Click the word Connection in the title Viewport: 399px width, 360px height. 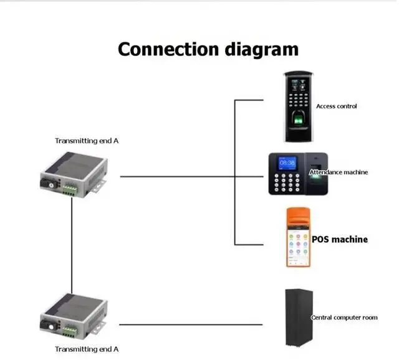(x=168, y=49)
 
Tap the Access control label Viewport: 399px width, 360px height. (x=337, y=107)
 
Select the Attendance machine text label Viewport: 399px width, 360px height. (x=339, y=172)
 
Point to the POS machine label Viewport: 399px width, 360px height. (x=340, y=239)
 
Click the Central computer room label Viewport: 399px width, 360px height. (x=344, y=317)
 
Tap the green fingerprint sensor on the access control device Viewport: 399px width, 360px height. (x=298, y=119)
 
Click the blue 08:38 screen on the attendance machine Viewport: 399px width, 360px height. (x=287, y=163)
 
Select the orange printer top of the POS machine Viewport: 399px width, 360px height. (x=298, y=218)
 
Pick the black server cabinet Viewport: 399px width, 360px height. (x=299, y=318)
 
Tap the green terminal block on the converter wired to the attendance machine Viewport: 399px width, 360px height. (x=70, y=190)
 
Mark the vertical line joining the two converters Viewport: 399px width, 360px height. (x=72, y=245)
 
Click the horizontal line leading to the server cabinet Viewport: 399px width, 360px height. (x=191, y=324)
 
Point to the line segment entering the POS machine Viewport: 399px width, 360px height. (x=249, y=245)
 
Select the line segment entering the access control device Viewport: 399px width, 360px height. (x=249, y=100)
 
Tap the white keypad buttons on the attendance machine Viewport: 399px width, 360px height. (x=287, y=182)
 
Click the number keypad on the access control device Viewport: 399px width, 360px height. (x=298, y=100)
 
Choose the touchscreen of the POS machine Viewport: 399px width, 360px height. (x=298, y=247)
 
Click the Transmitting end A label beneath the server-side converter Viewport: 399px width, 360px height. (x=87, y=349)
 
